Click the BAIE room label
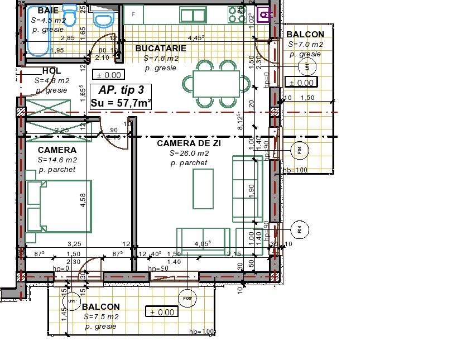(49, 11)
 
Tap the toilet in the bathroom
(102, 20)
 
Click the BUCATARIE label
(161, 49)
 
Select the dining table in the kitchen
(217, 84)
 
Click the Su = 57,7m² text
(121, 103)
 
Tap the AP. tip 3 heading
(121, 90)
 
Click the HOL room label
(52, 71)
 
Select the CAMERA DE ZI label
(189, 143)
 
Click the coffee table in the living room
(203, 188)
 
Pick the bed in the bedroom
(59, 205)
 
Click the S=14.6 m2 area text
(57, 160)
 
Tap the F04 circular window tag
(300, 150)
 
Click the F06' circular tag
(187, 299)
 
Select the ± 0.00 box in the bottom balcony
(162, 312)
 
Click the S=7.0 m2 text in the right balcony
(306, 44)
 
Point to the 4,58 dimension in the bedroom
(83, 200)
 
